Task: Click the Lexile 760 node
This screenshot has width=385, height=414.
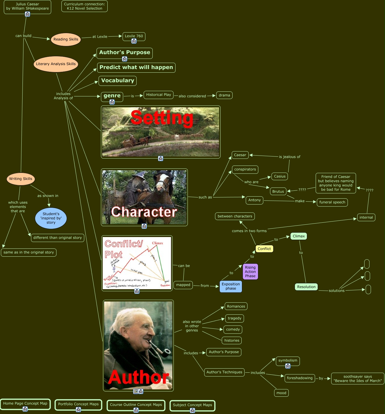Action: (x=134, y=36)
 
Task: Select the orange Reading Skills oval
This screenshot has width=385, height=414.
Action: (x=66, y=39)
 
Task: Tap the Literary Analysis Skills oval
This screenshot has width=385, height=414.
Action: (x=56, y=64)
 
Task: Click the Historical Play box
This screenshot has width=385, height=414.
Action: (x=159, y=95)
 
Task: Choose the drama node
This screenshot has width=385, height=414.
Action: (x=224, y=95)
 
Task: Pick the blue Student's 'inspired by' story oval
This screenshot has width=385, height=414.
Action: (x=51, y=218)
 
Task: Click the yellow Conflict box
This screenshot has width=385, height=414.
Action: (x=264, y=249)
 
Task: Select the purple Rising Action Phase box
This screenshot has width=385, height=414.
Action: (x=250, y=272)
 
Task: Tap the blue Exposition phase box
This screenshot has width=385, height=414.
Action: (x=231, y=286)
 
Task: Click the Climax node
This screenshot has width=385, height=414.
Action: (x=299, y=236)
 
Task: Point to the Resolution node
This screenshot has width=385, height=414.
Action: (x=306, y=287)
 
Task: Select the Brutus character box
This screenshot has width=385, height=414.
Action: (x=278, y=191)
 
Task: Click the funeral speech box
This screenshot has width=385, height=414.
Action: (x=332, y=202)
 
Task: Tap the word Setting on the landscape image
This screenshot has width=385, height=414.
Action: (x=162, y=118)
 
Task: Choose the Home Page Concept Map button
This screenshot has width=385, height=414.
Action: (x=25, y=403)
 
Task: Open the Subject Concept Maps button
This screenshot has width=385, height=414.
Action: (x=192, y=405)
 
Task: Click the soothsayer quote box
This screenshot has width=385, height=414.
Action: (x=357, y=379)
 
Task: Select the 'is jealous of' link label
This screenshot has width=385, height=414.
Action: (x=289, y=157)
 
